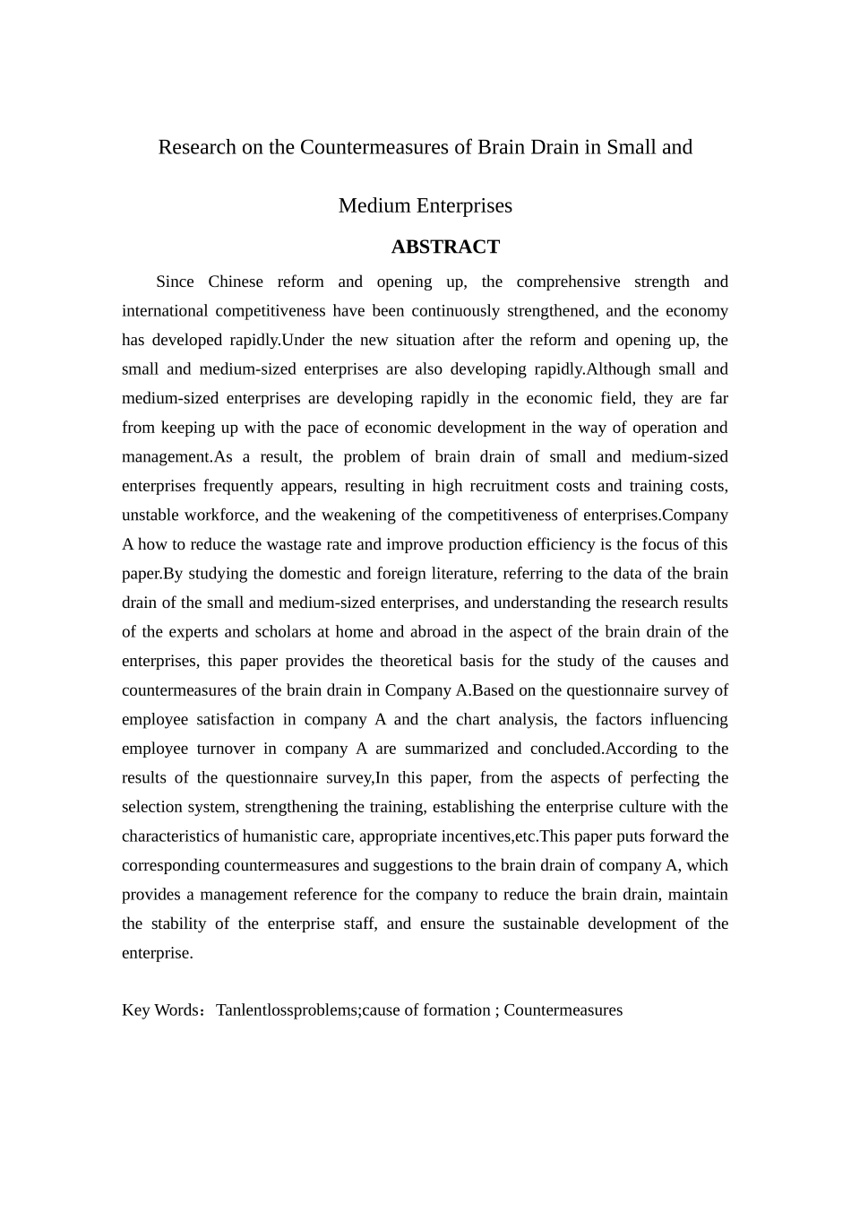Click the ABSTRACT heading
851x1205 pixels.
point(445,247)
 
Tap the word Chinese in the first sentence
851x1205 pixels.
point(236,282)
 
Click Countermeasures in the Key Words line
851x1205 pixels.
point(563,1010)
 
